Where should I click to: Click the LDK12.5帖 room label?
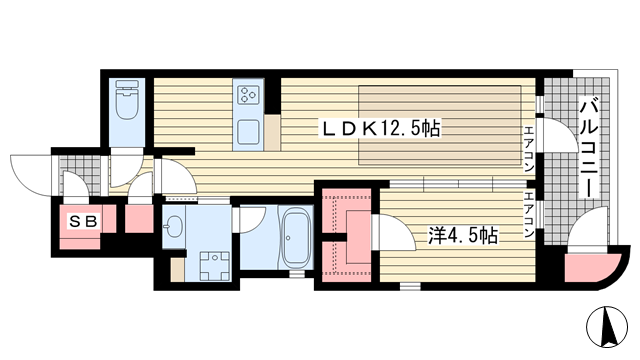coord(382,129)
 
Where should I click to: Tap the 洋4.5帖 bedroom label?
coord(462,236)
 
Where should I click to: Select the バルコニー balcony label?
coord(589,148)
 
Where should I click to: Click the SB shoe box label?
coord(83,222)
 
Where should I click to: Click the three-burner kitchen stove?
coord(248,95)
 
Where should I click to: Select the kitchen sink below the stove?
coord(248,131)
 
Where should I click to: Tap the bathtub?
coord(295,238)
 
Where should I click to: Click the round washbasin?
coord(173,226)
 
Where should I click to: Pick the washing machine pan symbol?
coord(214,266)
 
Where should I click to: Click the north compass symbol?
coord(607,327)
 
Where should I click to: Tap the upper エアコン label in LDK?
coord(529,149)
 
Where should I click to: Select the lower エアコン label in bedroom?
coord(529,215)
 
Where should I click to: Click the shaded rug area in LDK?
coord(439,125)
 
